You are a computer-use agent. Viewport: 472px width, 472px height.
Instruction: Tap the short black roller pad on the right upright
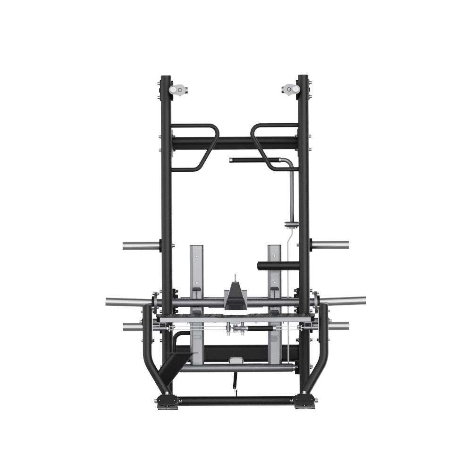[x=278, y=265]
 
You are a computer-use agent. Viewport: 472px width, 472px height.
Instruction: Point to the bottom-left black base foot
[x=167, y=401]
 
